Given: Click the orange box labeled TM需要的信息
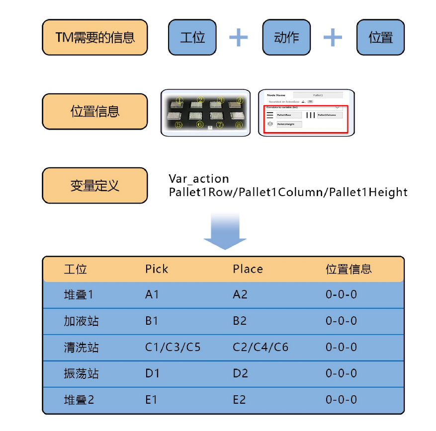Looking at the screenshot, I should click(x=95, y=37).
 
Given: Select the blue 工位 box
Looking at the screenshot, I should click(x=192, y=37).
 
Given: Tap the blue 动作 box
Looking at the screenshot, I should click(x=286, y=37).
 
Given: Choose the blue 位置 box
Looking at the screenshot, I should click(x=380, y=37).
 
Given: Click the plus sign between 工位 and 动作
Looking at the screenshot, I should click(x=239, y=37).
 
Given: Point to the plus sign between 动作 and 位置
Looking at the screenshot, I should click(x=333, y=37).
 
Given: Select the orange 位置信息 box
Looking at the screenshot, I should click(x=95, y=111).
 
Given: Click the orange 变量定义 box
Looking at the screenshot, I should click(x=95, y=185).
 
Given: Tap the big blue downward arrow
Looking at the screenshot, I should click(x=225, y=231).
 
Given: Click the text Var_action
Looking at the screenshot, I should click(x=199, y=179).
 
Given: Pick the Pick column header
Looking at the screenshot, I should click(x=157, y=269).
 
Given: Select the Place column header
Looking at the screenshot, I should click(x=248, y=269).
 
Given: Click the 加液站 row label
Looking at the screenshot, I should click(x=82, y=321).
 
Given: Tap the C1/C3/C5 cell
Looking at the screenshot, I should click(x=173, y=348).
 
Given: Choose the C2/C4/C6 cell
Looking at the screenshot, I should click(x=261, y=348).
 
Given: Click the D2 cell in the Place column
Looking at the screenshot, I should click(x=240, y=373).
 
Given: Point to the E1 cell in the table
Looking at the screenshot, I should click(x=152, y=400).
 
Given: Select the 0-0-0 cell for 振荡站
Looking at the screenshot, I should click(x=341, y=373).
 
